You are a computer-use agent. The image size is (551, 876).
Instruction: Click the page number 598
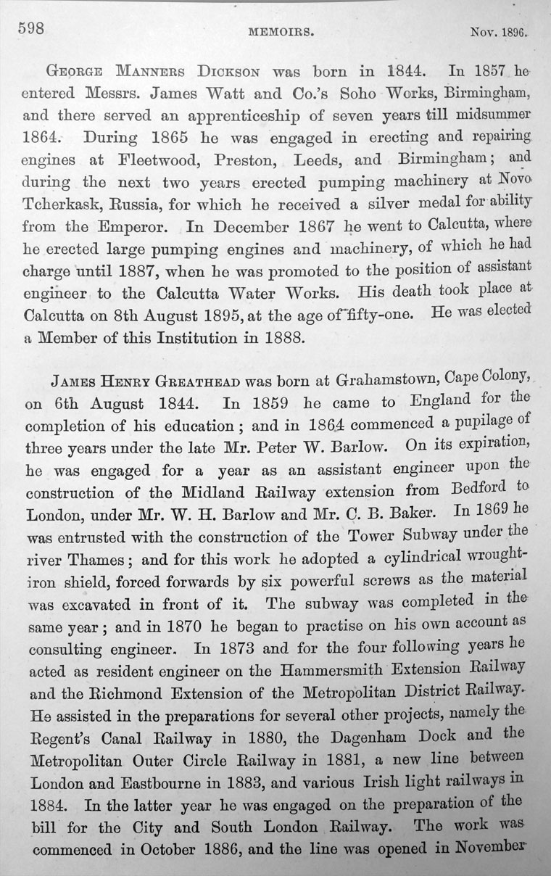pos(30,28)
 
